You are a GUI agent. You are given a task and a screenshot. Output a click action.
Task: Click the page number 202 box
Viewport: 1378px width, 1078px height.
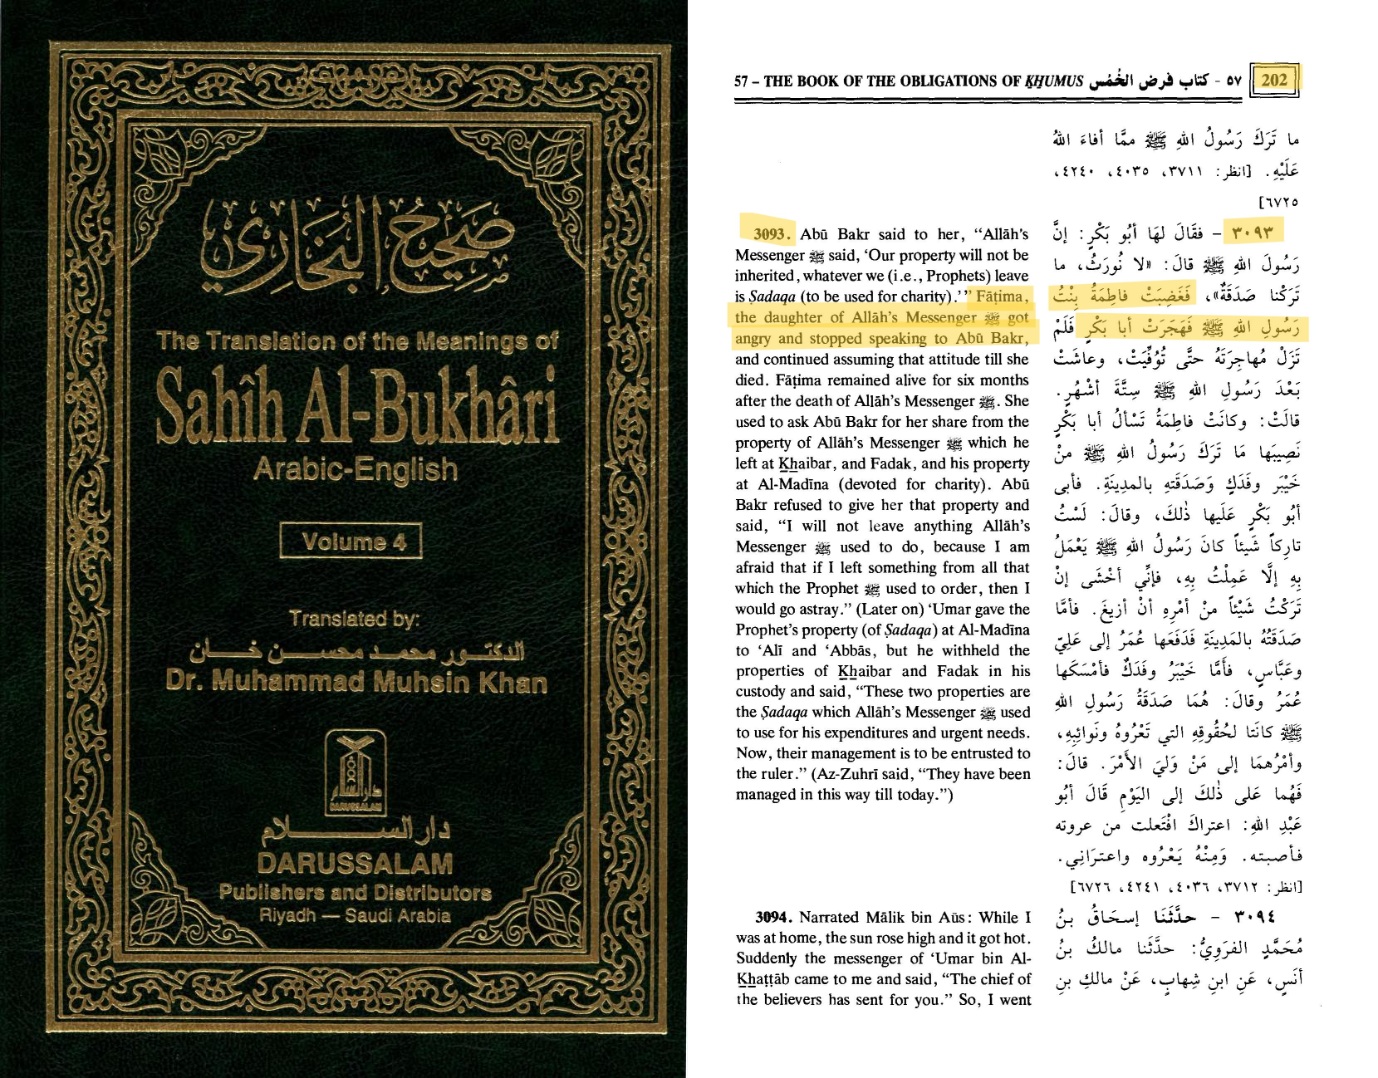[x=1273, y=80]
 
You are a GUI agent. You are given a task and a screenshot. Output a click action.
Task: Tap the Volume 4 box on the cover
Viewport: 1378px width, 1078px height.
[x=351, y=541]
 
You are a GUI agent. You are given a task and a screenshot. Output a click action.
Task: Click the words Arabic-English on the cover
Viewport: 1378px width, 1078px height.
[x=356, y=469]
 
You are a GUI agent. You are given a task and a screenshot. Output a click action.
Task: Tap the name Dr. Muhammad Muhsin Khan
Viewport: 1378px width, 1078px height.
[x=356, y=682]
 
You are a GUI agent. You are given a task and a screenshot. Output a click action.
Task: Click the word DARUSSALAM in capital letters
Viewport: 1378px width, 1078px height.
[x=356, y=864]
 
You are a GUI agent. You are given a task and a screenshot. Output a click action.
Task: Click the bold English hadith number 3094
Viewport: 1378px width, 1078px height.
[x=772, y=917]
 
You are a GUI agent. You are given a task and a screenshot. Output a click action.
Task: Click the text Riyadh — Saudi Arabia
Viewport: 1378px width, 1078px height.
[x=355, y=915]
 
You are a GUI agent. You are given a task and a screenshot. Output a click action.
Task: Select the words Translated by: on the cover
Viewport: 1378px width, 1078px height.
[x=355, y=619]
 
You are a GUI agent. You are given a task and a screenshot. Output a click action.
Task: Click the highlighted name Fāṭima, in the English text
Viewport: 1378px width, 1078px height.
[x=1002, y=296]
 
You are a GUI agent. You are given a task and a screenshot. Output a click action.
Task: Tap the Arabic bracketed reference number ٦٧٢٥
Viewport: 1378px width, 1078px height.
[x=1278, y=202]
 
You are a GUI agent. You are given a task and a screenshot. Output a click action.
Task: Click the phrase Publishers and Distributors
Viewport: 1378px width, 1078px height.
[x=356, y=893]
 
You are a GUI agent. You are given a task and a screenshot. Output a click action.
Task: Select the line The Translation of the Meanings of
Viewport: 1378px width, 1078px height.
[x=357, y=341]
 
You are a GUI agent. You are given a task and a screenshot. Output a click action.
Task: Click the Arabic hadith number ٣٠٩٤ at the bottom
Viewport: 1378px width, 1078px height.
[x=1254, y=917]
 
